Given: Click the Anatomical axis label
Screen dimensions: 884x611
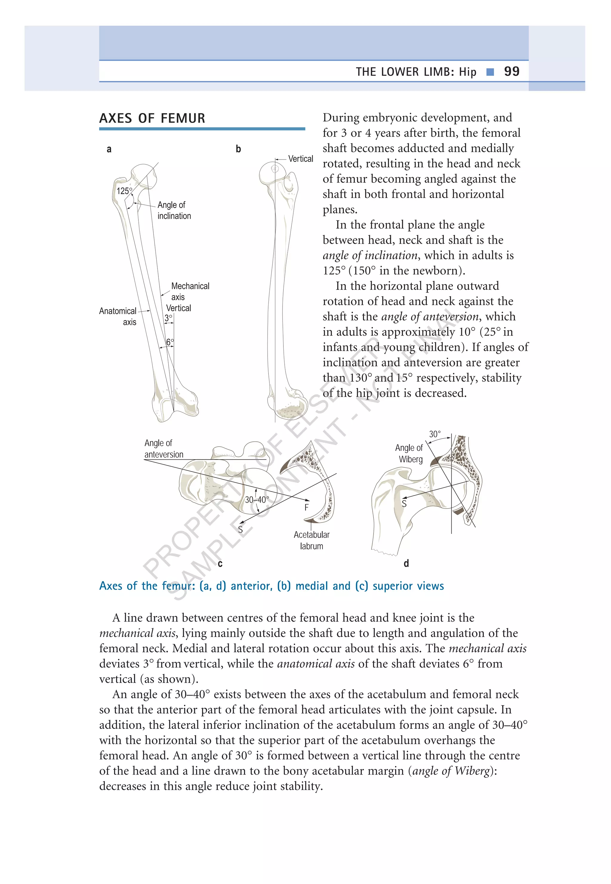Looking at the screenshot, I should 118,316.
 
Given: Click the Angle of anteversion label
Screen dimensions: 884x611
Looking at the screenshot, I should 163,449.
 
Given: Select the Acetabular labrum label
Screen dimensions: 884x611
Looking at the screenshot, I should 311,540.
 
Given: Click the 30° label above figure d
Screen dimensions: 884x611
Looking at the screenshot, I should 434,434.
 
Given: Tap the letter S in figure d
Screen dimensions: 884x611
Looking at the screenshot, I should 404,504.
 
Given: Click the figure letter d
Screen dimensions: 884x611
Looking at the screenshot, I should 406,563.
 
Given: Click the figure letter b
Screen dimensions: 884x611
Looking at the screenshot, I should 238,149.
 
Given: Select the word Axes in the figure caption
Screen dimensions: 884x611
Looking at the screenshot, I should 111,586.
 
